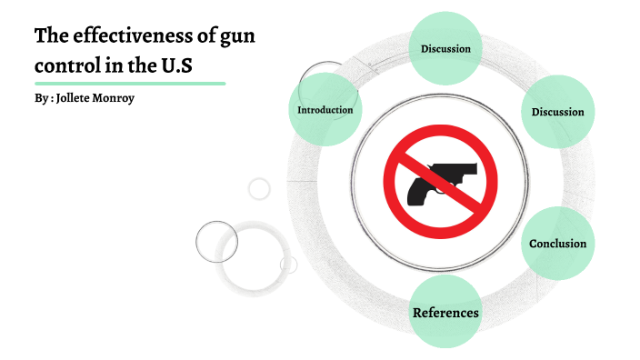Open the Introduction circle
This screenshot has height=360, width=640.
(x=325, y=110)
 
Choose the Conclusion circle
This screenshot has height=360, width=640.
(x=557, y=244)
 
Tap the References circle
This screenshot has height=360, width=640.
(x=445, y=313)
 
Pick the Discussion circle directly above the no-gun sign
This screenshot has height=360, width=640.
(x=445, y=48)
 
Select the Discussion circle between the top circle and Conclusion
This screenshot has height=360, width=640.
(x=557, y=112)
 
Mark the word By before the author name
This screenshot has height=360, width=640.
(x=41, y=97)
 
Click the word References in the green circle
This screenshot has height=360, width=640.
(x=445, y=313)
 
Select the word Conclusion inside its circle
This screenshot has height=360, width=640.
(x=557, y=244)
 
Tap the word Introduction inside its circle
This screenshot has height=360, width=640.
(x=325, y=110)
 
